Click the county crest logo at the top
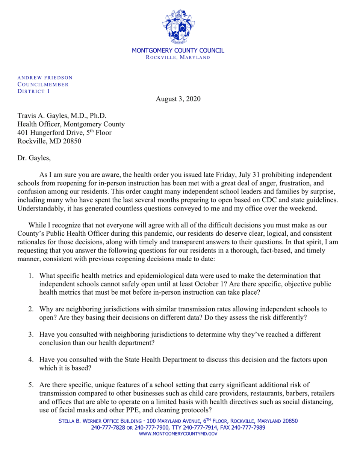[x=178, y=26]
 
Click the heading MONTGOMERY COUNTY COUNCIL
[x=178, y=50]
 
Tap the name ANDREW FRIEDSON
[x=45, y=78]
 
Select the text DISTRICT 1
[x=34, y=91]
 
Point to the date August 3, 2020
[x=178, y=99]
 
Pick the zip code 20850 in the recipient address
[x=71, y=141]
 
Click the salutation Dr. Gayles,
[x=34, y=158]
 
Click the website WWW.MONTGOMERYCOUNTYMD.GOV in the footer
[x=178, y=434]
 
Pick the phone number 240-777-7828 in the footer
[x=108, y=428]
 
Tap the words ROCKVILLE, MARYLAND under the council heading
[x=178, y=58]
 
